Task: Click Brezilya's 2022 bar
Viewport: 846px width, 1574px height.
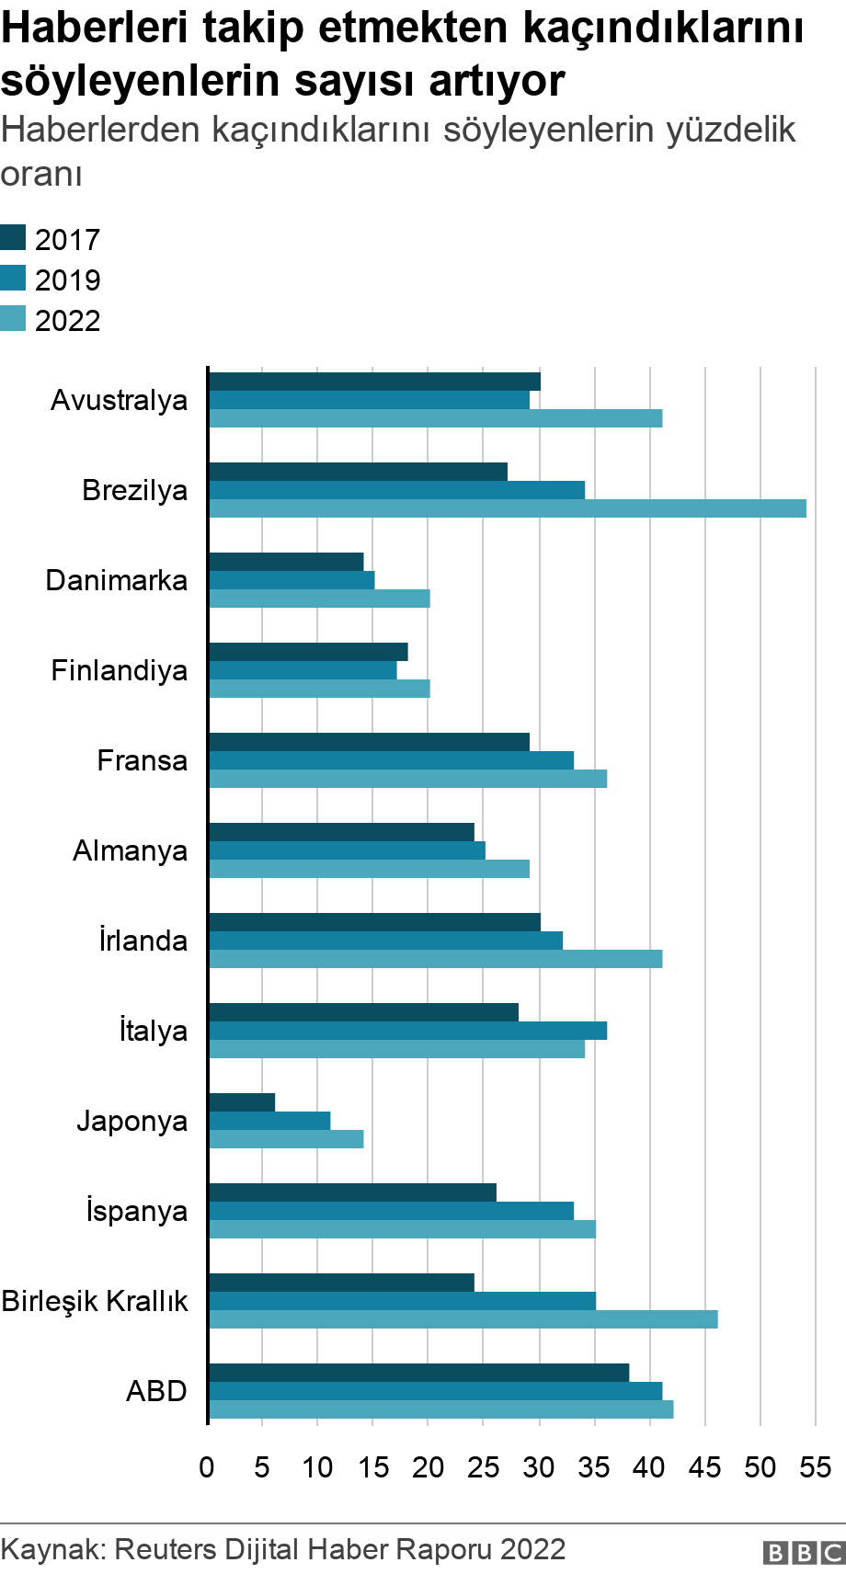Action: [508, 508]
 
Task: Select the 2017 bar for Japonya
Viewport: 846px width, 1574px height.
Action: [242, 1102]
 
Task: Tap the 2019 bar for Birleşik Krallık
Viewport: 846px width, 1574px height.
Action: [402, 1301]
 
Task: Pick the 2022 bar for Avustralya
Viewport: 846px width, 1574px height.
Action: [435, 418]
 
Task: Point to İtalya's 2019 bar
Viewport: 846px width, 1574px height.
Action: [407, 1031]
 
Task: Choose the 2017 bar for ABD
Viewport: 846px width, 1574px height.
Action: [418, 1373]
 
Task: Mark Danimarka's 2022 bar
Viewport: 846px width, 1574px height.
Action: [319, 599]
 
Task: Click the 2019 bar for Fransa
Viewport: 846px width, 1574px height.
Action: [391, 760]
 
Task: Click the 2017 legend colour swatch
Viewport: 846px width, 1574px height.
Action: [13, 238]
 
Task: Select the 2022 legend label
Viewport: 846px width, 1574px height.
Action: [67, 321]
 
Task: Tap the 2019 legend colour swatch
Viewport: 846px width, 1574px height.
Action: [13, 279]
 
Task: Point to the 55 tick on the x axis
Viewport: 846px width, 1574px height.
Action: [816, 1466]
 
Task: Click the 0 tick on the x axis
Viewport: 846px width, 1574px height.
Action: [207, 1466]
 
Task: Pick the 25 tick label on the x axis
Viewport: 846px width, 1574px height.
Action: [484, 1466]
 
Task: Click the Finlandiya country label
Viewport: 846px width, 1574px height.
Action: [119, 670]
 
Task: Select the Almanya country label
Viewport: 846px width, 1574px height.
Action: [130, 850]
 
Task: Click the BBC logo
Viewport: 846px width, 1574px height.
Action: [803, 1553]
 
